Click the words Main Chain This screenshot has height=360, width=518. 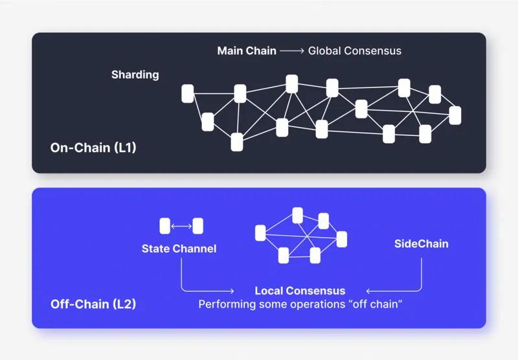[x=247, y=51]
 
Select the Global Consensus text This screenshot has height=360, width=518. [x=354, y=51]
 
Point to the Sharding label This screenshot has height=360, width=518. [x=135, y=74]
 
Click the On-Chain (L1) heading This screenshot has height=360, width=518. [x=93, y=148]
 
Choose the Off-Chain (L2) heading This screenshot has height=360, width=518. [x=93, y=303]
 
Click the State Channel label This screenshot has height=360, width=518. [x=179, y=249]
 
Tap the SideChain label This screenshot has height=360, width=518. [x=421, y=244]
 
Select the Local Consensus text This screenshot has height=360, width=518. [x=300, y=291]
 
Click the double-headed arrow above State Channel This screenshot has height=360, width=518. [x=181, y=226]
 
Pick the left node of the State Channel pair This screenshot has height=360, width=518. [x=165, y=226]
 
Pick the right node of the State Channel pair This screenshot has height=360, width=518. [x=197, y=226]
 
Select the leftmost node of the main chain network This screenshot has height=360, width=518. [x=188, y=94]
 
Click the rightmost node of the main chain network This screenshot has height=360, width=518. [x=455, y=115]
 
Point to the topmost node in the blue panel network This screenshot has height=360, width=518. [x=298, y=215]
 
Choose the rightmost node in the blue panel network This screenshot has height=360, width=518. [x=341, y=239]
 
